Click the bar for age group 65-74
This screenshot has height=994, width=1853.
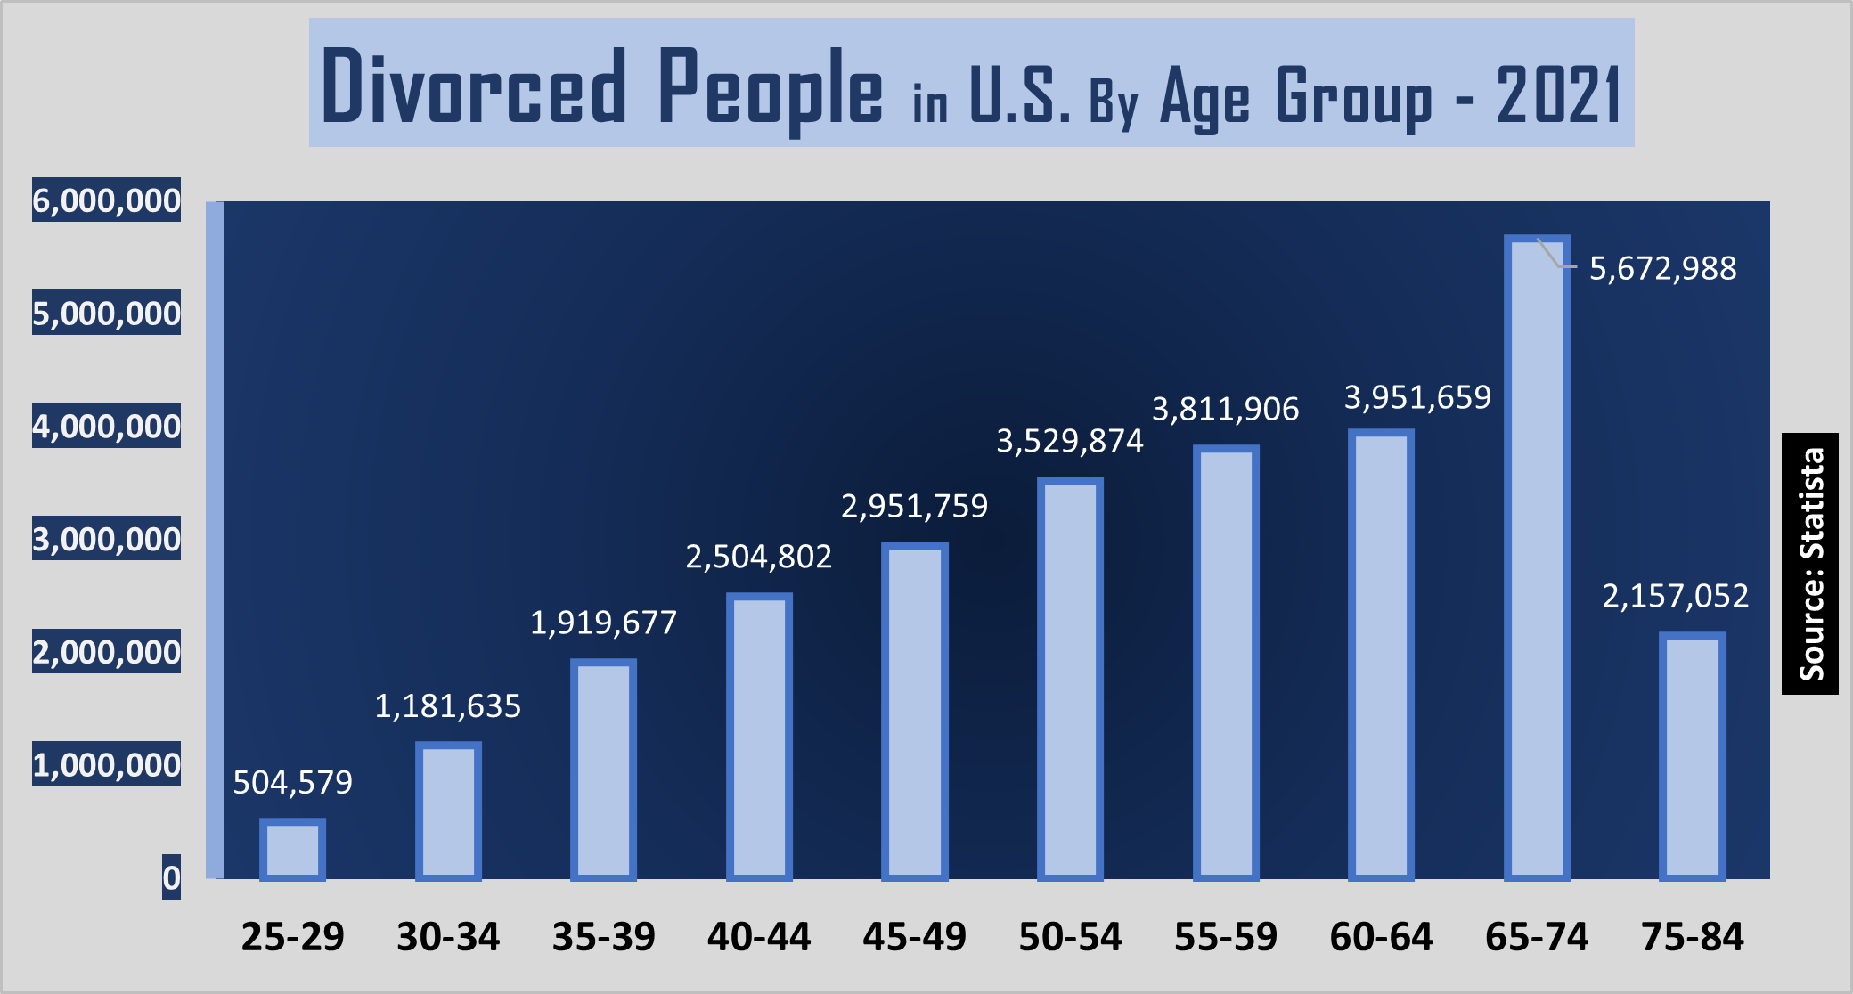tap(1537, 558)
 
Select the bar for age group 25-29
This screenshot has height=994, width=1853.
tap(292, 849)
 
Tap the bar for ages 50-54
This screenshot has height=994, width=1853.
tap(1070, 679)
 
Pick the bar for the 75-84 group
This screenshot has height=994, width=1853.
tap(1692, 756)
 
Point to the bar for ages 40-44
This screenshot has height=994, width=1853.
tap(759, 737)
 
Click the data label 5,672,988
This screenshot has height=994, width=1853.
tap(1662, 268)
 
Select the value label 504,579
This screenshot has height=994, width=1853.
tap(292, 782)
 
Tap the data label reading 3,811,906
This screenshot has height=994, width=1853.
tap(1225, 409)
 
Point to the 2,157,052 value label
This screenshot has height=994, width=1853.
tap(1675, 596)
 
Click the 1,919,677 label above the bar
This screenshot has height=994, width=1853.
tap(603, 623)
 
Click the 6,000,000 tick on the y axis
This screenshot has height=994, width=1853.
tap(107, 200)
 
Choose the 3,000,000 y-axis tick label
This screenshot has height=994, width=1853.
tap(107, 539)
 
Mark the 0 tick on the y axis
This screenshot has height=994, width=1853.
tap(171, 877)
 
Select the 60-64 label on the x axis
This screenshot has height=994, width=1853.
tap(1381, 937)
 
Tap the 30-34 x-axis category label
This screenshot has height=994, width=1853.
tap(448, 937)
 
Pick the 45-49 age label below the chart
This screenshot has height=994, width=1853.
tap(914, 937)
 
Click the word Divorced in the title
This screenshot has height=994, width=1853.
tap(474, 87)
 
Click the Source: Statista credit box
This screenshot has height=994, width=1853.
tap(1809, 563)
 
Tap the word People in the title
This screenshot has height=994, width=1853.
tap(771, 89)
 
